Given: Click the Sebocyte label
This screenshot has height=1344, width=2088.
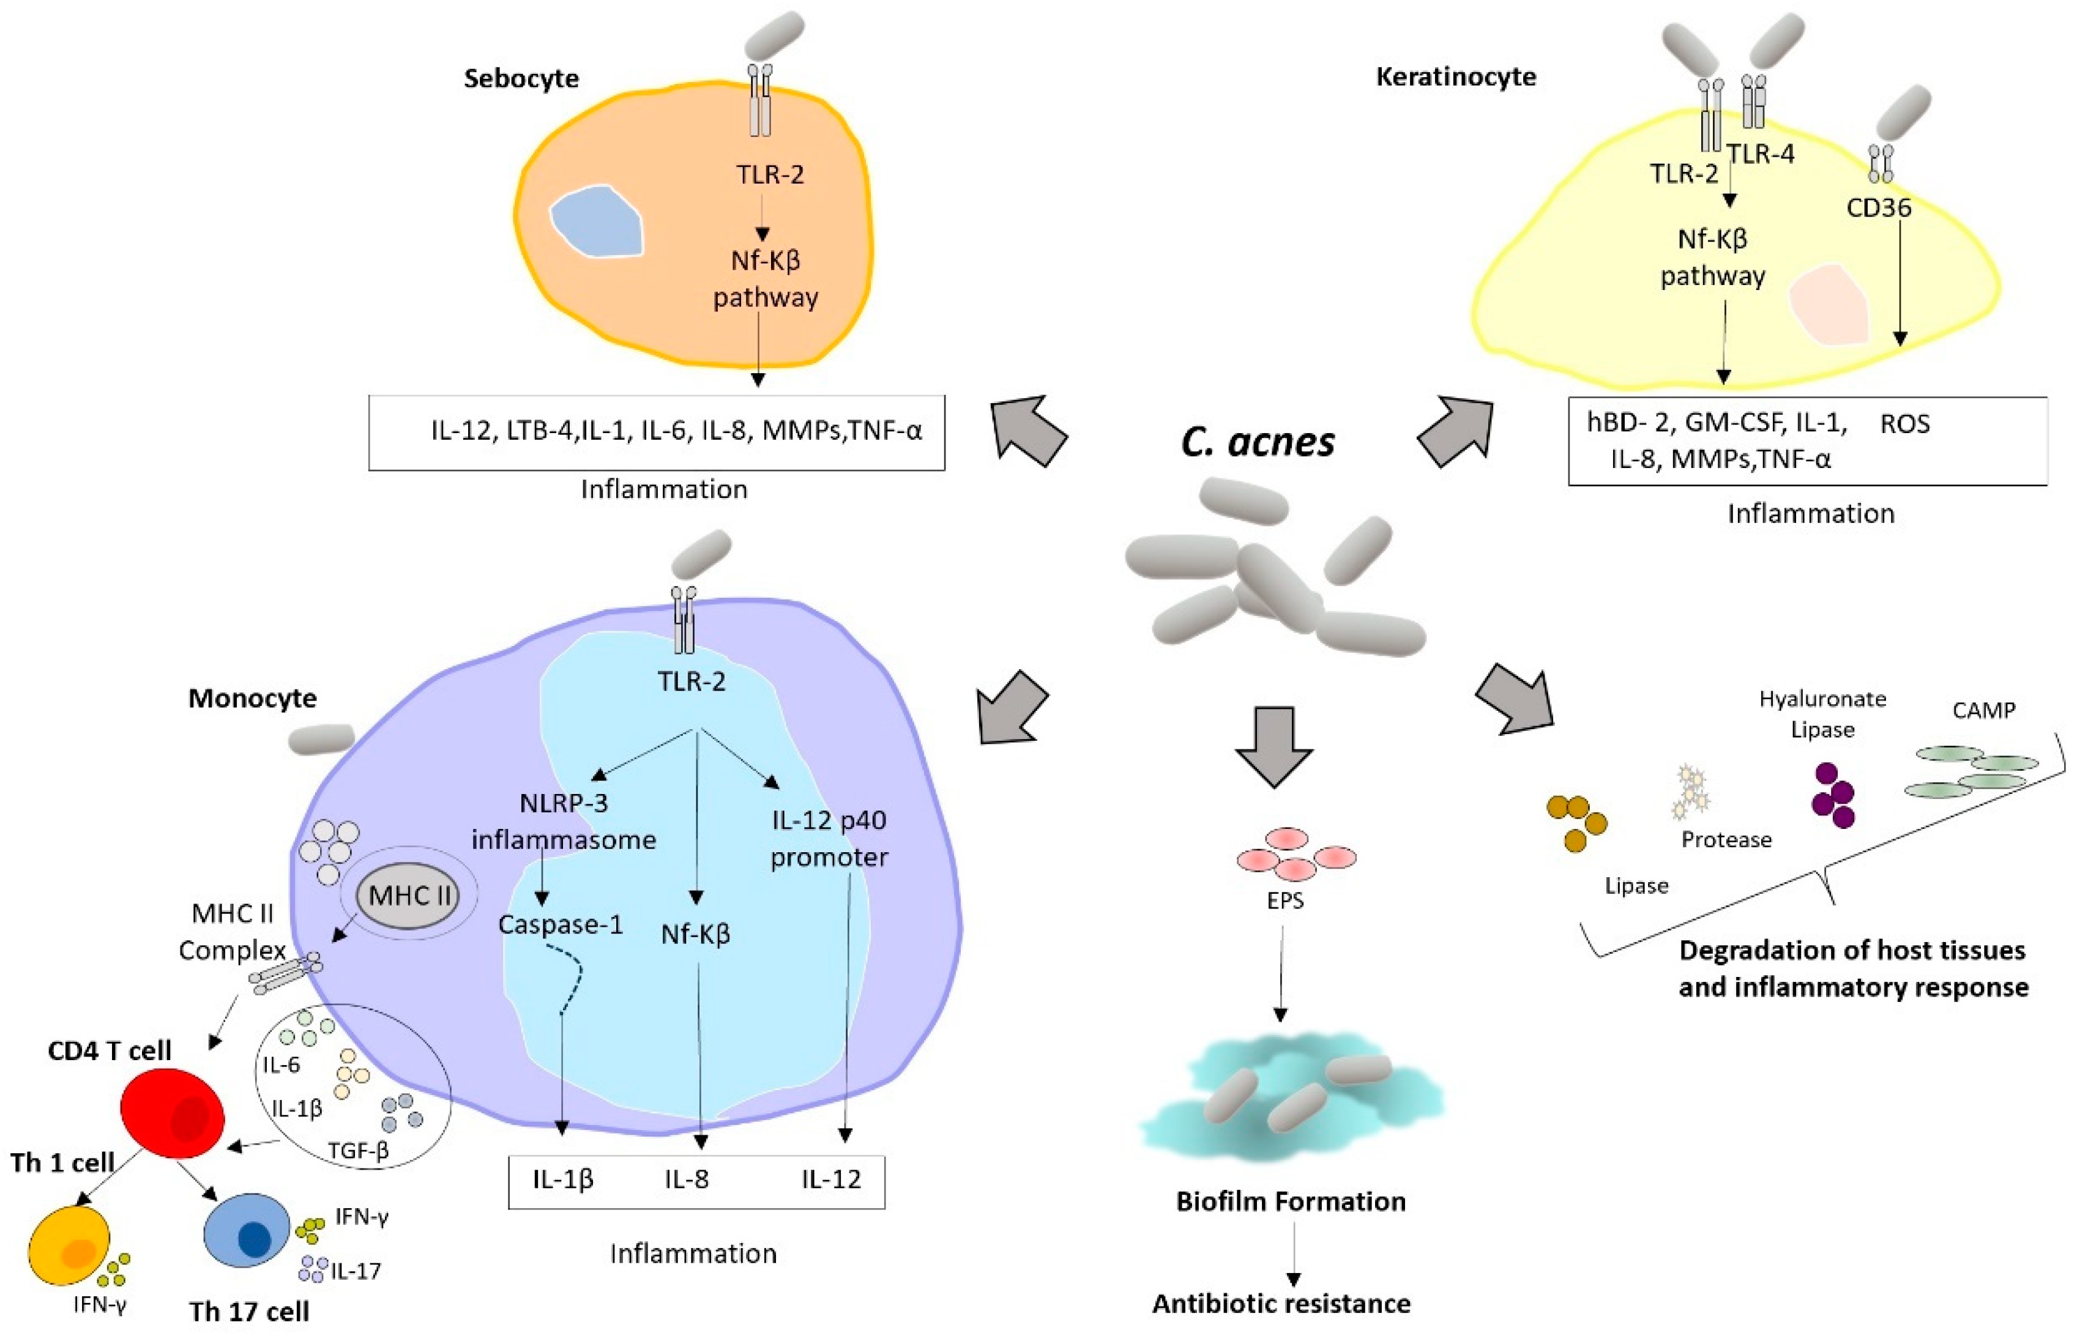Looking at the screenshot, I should tap(521, 78).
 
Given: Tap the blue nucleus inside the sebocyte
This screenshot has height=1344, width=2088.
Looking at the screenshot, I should tap(597, 221).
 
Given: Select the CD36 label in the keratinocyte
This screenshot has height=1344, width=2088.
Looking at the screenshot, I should tap(1879, 208).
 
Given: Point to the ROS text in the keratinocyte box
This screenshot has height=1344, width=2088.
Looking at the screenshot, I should tap(1904, 424).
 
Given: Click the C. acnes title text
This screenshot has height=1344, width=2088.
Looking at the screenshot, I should tap(1257, 442).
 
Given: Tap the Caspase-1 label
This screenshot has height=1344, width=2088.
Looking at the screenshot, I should tap(561, 924).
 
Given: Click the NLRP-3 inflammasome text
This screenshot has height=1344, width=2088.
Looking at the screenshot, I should tap(564, 821).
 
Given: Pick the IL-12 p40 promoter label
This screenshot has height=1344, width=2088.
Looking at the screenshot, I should tap(829, 839).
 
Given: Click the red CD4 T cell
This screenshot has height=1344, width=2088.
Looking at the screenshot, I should tap(173, 1115).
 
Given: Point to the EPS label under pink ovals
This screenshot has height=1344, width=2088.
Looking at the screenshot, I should tap(1285, 900).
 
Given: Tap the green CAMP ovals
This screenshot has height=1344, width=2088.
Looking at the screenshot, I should tap(1970, 771).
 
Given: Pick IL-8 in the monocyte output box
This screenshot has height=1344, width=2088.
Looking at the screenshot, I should tap(687, 1179).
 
